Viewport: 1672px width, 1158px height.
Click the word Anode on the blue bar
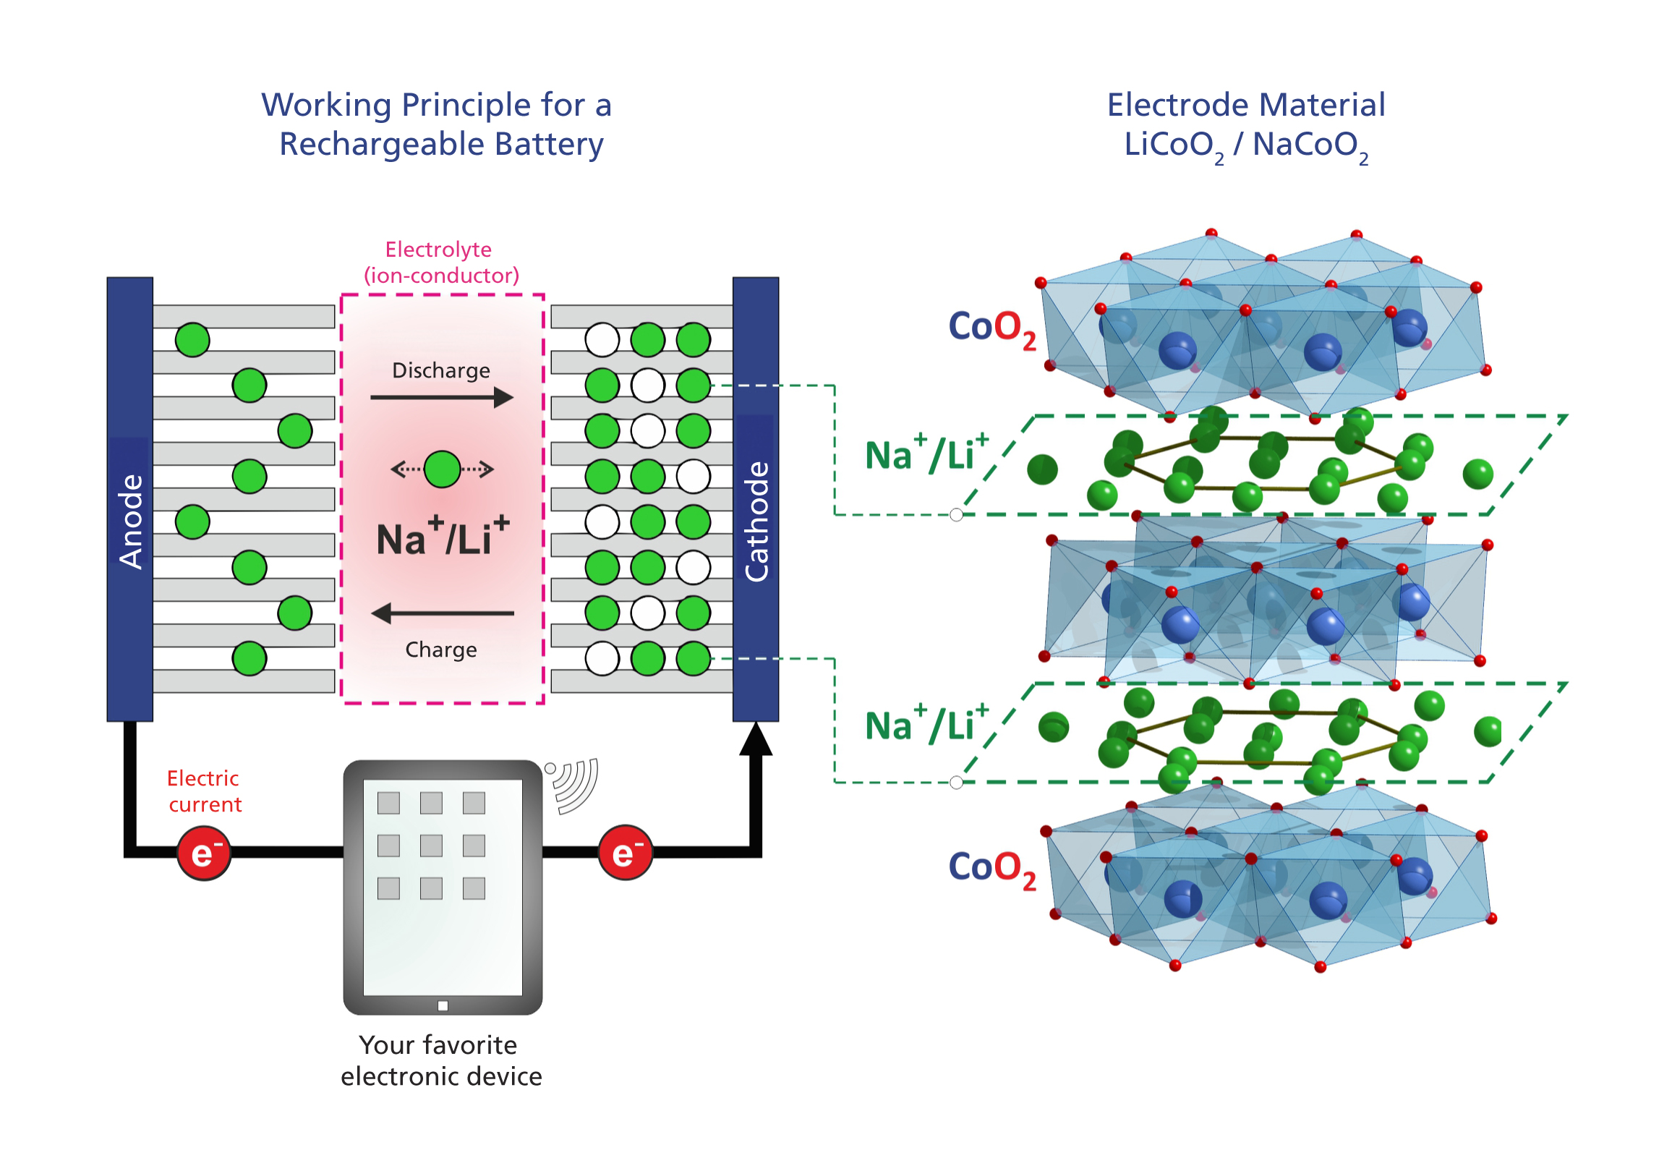(x=131, y=521)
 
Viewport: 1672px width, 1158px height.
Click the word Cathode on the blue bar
(x=756, y=521)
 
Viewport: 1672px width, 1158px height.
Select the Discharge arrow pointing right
(x=442, y=398)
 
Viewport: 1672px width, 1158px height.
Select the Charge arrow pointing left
(x=442, y=614)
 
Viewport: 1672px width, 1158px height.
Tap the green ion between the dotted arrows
(x=443, y=469)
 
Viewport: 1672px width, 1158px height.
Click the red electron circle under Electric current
(x=205, y=854)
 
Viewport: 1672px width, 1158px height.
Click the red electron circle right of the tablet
(x=626, y=854)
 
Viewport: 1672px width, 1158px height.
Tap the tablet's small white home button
(x=443, y=1006)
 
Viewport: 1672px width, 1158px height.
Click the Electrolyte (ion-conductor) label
(x=442, y=263)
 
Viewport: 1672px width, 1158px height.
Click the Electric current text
(x=205, y=791)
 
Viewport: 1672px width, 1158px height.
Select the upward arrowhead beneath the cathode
(x=756, y=740)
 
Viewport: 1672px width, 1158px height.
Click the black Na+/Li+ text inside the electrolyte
(x=443, y=537)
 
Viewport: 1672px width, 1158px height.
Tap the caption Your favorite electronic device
(x=441, y=1061)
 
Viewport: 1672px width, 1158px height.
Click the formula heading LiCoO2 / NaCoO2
(x=1246, y=146)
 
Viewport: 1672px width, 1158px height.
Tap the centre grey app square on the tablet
(x=432, y=846)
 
